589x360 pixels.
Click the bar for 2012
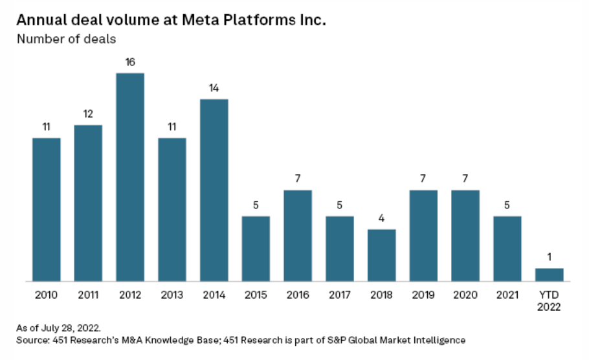(x=130, y=177)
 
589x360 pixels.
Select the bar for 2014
(x=214, y=190)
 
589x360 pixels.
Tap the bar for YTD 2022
(x=549, y=275)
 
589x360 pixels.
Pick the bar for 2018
(x=381, y=255)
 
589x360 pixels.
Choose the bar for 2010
(x=47, y=210)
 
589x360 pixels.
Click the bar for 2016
(x=298, y=236)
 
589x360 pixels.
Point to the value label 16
(x=130, y=62)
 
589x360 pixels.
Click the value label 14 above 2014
(x=214, y=88)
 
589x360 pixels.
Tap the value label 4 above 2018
(x=381, y=218)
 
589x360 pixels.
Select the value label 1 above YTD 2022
(x=549, y=257)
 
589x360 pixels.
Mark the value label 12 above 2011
(x=88, y=114)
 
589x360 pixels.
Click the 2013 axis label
(x=172, y=295)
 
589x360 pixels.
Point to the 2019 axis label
(x=423, y=295)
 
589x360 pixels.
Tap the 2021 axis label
(x=507, y=295)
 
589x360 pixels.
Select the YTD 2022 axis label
(x=549, y=300)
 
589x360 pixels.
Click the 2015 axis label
(x=256, y=295)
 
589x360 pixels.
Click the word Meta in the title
(x=184, y=19)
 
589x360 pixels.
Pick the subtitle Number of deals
(x=67, y=39)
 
